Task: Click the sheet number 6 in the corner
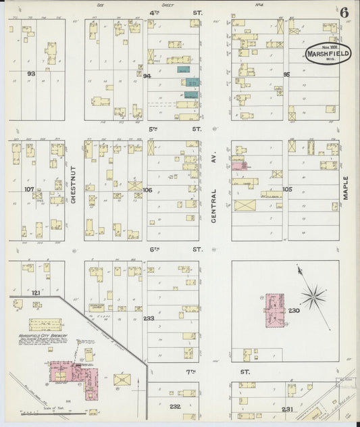coord(344,12)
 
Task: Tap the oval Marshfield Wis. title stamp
coord(327,54)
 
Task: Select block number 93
coord(31,74)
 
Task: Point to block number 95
coord(286,74)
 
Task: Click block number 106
coord(147,190)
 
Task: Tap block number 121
coord(36,293)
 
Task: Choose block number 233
coord(149,318)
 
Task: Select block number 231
coord(287,409)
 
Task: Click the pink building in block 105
coord(238,165)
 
